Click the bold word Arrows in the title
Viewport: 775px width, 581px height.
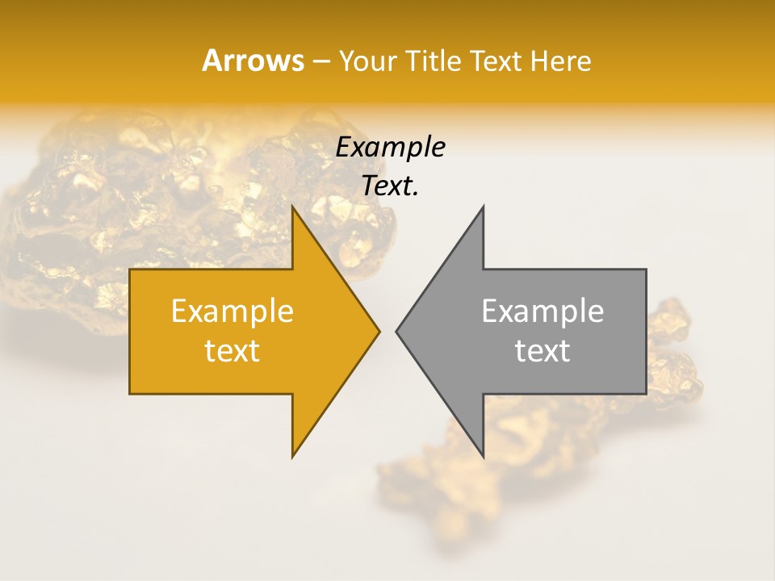tap(253, 61)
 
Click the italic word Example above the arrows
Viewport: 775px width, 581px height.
tap(390, 147)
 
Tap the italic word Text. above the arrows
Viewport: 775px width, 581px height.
tap(390, 186)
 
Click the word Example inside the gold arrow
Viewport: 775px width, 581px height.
tap(232, 311)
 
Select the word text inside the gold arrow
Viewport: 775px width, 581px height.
tap(232, 351)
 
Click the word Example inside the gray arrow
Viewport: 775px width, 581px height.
tap(542, 311)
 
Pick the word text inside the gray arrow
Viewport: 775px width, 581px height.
tap(542, 351)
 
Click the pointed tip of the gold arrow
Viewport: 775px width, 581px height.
tap(379, 331)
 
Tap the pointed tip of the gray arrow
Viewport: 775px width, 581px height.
tap(397, 331)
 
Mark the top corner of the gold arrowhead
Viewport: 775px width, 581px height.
tap(293, 208)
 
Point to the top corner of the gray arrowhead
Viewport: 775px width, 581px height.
tap(482, 208)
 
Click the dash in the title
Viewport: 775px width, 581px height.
tap(320, 61)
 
